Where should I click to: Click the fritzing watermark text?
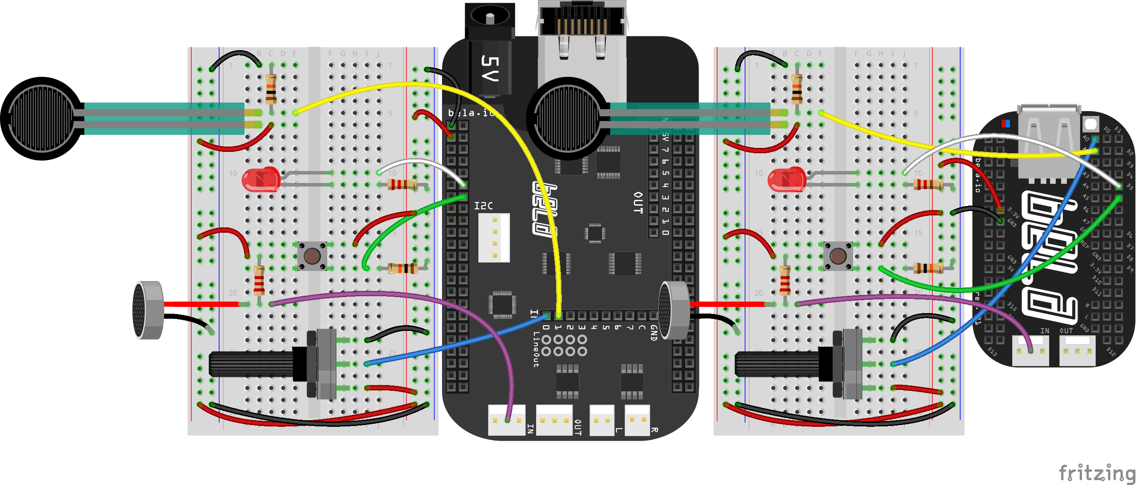[x=1097, y=473]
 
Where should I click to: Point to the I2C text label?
[x=483, y=206]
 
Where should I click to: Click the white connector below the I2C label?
[x=494, y=238]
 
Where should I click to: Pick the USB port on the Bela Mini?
[x=1048, y=142]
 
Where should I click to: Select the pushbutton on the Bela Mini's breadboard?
[x=838, y=256]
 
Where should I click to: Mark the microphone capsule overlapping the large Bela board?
[x=674, y=310]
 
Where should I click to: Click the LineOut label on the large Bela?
[x=536, y=349]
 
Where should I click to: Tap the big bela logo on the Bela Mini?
[x=1050, y=258]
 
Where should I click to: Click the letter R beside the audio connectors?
[x=654, y=430]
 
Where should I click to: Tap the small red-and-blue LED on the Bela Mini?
[x=1006, y=123]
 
